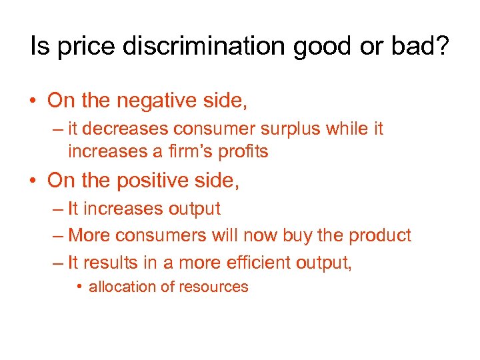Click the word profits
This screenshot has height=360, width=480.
click(x=243, y=152)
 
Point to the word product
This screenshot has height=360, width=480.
click(x=381, y=236)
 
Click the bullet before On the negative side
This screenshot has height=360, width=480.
click(x=31, y=102)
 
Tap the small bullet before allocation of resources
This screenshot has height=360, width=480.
click(x=79, y=287)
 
